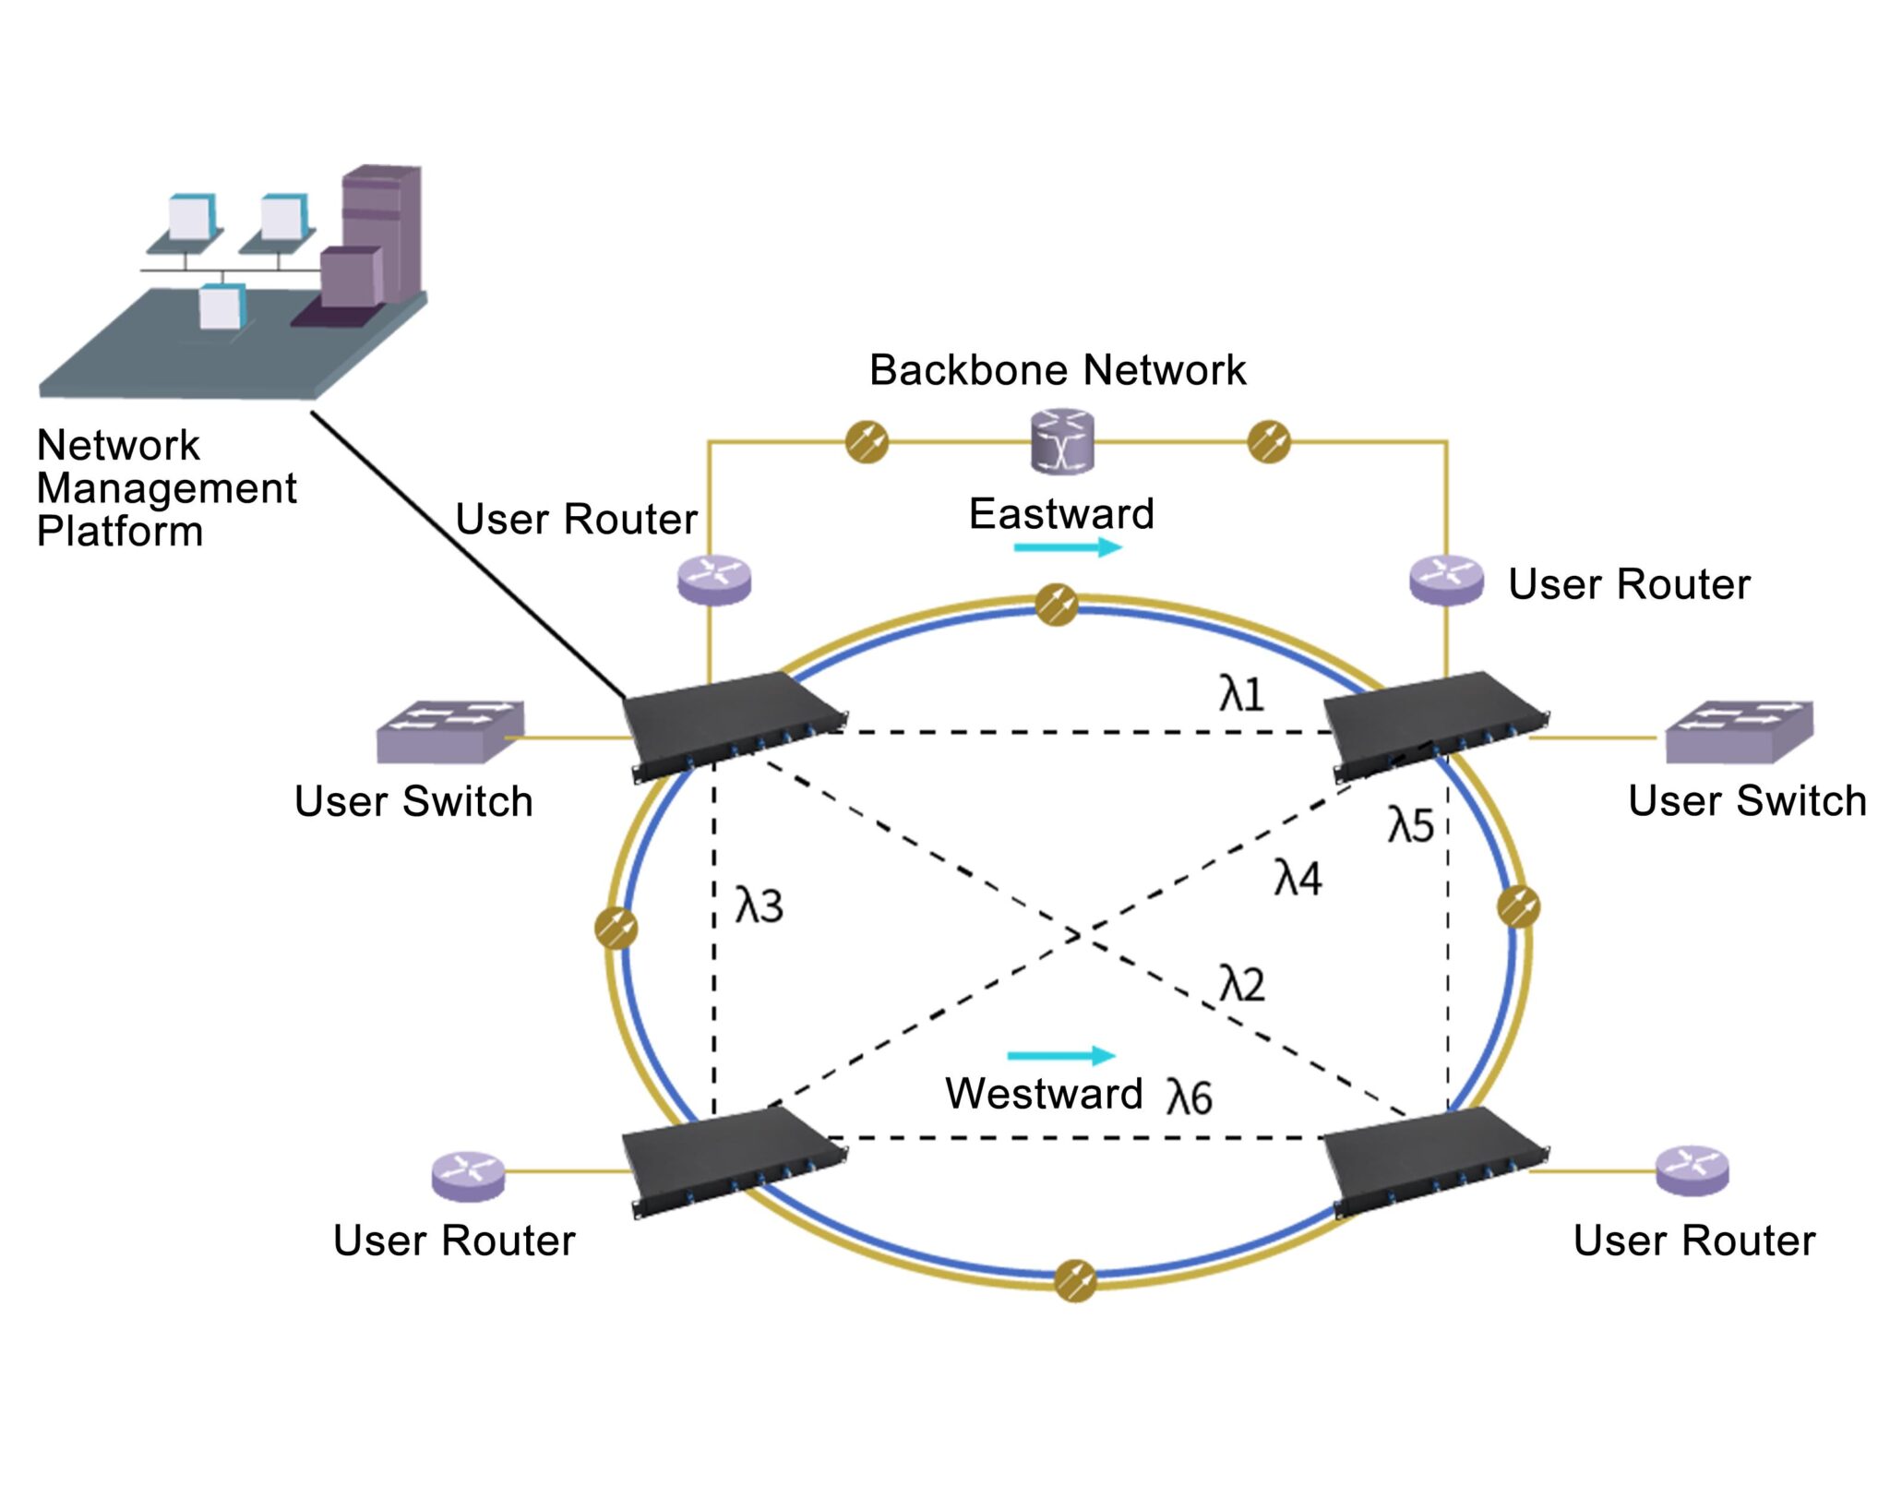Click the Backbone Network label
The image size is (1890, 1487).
1057,370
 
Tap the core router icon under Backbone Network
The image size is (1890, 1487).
1061,442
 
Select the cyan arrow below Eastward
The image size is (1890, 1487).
1067,547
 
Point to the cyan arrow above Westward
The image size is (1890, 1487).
1060,1055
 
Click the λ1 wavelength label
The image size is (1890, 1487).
1240,693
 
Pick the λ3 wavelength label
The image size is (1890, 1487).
759,905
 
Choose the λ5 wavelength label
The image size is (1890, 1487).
1410,824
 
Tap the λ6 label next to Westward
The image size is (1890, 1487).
1189,1097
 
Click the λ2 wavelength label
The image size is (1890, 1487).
1241,984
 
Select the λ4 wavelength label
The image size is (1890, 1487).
1298,877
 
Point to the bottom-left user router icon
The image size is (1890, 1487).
468,1176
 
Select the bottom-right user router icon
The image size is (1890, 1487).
1692,1170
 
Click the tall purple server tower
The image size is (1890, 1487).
382,231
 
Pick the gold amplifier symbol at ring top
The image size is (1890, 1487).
1056,606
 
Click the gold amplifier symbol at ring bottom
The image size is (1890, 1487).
1074,1280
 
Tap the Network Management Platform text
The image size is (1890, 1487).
166,487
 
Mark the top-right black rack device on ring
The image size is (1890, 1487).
1434,726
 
